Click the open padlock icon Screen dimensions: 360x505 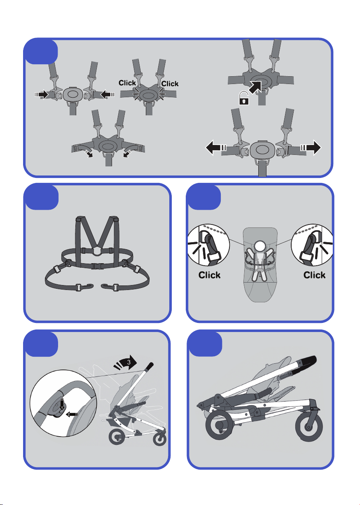[x=244, y=98]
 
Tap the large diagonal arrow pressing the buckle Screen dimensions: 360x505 [x=256, y=87]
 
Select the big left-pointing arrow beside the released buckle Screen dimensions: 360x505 [x=216, y=147]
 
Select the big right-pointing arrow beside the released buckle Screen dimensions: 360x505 [x=311, y=147]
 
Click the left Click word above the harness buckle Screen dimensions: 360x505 [x=127, y=83]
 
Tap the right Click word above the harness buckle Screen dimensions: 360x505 [x=170, y=84]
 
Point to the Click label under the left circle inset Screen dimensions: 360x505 [x=209, y=275]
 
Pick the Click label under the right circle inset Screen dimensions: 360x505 [x=314, y=275]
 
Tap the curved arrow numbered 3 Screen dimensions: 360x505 [x=126, y=362]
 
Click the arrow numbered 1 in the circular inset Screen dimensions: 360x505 [x=62, y=405]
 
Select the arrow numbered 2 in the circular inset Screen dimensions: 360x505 [x=72, y=414]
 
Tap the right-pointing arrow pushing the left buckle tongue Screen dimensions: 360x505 [x=42, y=94]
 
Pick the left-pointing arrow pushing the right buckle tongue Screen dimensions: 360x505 [x=108, y=94]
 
